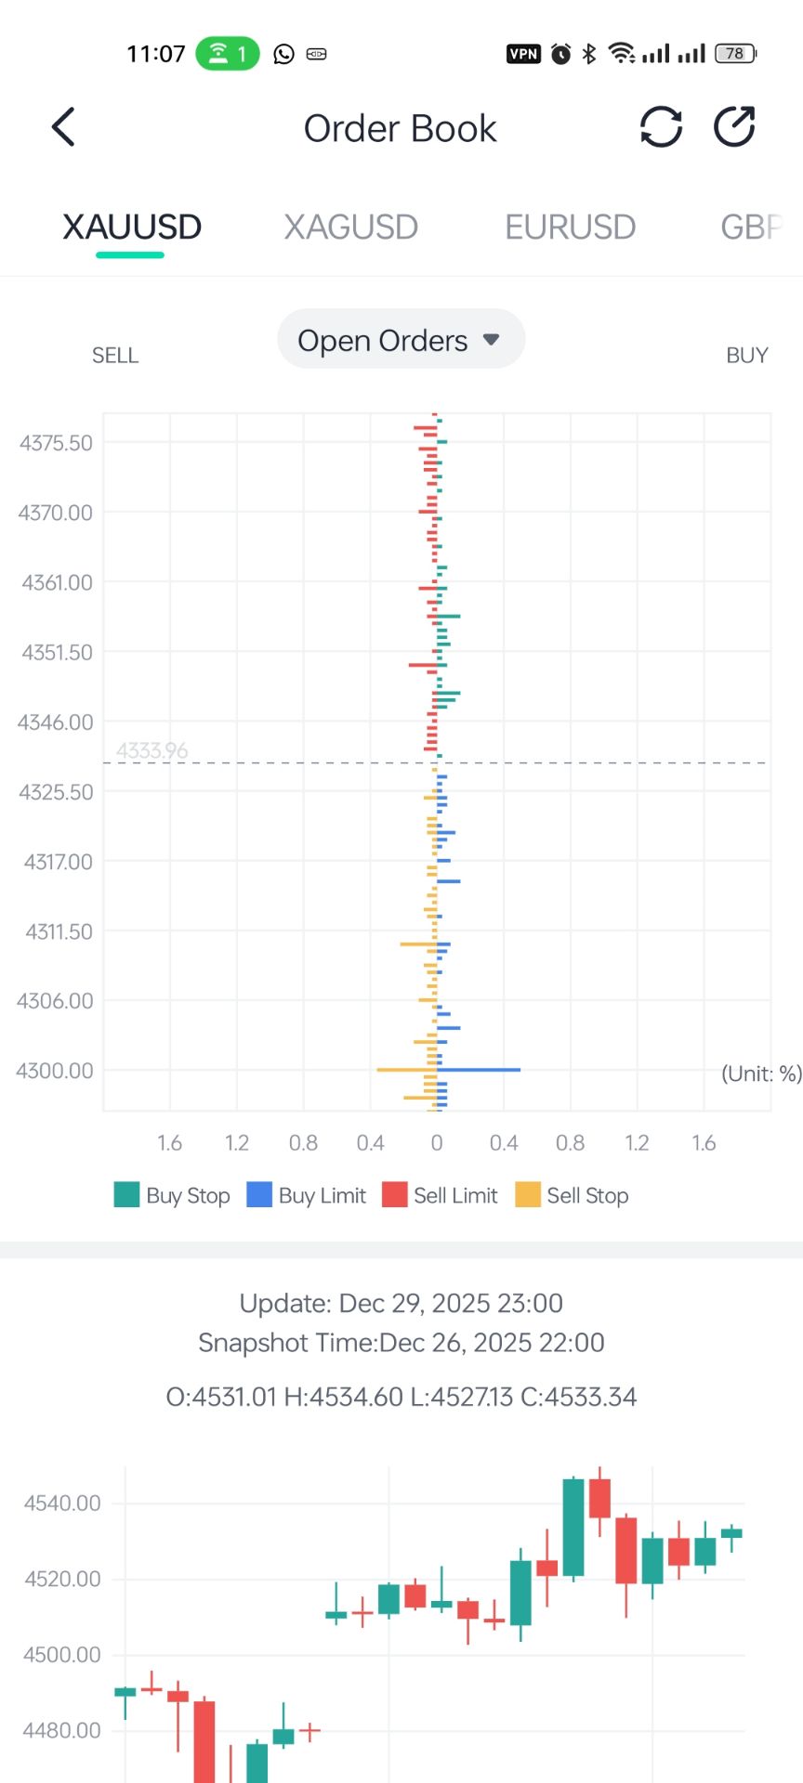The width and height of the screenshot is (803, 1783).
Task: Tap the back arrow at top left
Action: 63,127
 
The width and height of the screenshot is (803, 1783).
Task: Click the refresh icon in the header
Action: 661,127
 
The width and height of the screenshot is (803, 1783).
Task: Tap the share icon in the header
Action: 734,127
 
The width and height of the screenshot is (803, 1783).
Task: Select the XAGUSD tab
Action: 350,227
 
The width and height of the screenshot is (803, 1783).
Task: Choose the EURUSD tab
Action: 570,227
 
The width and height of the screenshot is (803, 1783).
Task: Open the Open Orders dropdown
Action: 401,340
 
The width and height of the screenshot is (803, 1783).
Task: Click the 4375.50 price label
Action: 56,443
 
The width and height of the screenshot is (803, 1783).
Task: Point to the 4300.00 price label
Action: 55,1071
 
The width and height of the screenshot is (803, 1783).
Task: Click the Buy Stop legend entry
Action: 173,1195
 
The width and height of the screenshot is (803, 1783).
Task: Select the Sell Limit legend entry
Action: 441,1195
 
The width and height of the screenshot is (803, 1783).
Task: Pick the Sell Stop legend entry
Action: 573,1195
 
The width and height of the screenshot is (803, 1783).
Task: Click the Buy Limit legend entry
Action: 307,1195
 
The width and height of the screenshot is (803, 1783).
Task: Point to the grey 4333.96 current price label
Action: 152,750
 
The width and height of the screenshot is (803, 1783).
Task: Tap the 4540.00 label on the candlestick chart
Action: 62,1503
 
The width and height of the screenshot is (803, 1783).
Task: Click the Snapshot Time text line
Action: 401,1343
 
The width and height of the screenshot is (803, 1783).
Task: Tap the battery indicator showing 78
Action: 735,54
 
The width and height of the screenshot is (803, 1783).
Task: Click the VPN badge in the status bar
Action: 523,54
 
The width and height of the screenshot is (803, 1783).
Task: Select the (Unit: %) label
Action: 761,1074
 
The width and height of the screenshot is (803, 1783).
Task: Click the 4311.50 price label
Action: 59,931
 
